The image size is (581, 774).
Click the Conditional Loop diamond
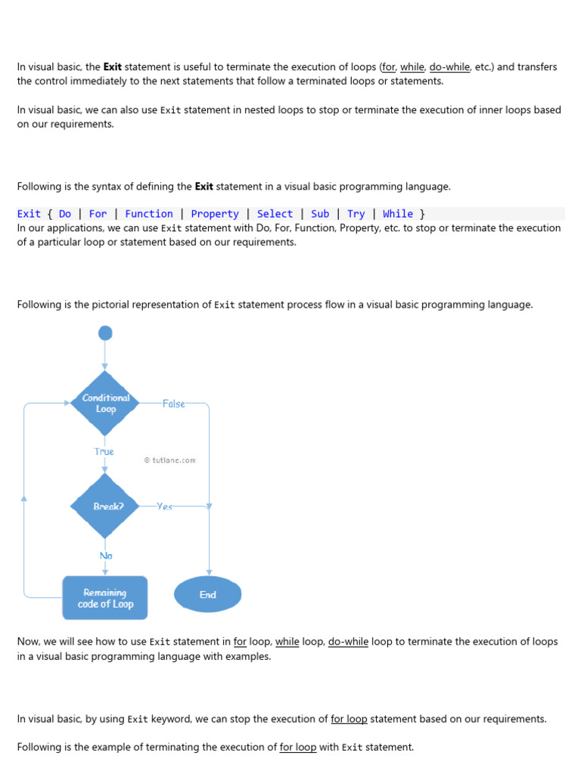pos(105,403)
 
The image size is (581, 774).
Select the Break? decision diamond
pos(105,506)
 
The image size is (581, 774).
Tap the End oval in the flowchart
pos(208,595)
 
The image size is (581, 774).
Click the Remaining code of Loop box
pos(105,598)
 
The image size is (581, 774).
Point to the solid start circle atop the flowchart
pos(105,333)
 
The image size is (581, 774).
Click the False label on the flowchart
pos(173,404)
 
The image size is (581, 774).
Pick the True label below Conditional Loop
pos(104,451)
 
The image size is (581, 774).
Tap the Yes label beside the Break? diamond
pos(164,506)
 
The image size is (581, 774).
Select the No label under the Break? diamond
pos(106,556)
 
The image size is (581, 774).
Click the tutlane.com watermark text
pos(170,460)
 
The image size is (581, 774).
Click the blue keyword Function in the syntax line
pos(149,214)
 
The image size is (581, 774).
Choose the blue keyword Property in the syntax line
pos(215,214)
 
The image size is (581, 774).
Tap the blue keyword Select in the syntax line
pos(275,214)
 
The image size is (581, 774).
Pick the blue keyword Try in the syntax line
pos(356,214)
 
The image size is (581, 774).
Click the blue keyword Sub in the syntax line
pos(320,214)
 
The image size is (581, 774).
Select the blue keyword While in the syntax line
pos(398,214)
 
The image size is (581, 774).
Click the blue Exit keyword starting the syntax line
pos(29,214)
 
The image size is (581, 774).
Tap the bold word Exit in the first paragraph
pos(112,67)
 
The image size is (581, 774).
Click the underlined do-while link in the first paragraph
pos(449,67)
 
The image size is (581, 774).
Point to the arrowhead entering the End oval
pos(209,573)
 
